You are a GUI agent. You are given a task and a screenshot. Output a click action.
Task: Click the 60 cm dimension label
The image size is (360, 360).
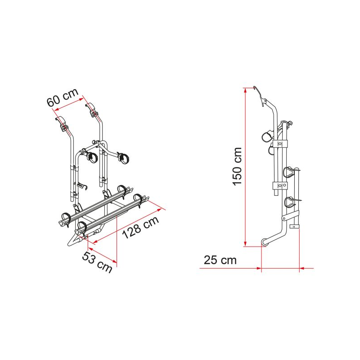tap(63, 97)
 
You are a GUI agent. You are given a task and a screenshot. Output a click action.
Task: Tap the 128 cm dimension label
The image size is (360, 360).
tap(140, 227)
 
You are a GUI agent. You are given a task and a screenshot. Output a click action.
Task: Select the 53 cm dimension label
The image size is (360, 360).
tap(97, 262)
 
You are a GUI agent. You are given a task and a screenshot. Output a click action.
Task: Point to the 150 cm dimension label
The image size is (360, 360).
tap(237, 166)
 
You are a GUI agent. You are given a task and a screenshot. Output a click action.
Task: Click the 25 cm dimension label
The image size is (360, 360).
tap(220, 260)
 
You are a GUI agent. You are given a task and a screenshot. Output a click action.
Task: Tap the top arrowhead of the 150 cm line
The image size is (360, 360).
tap(245, 90)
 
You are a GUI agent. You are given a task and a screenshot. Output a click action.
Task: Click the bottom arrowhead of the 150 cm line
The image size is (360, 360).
tap(245, 243)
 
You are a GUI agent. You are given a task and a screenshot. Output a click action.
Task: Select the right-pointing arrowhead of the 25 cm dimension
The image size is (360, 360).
tap(259, 268)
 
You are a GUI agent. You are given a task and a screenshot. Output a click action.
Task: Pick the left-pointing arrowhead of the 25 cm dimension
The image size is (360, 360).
tap(302, 268)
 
